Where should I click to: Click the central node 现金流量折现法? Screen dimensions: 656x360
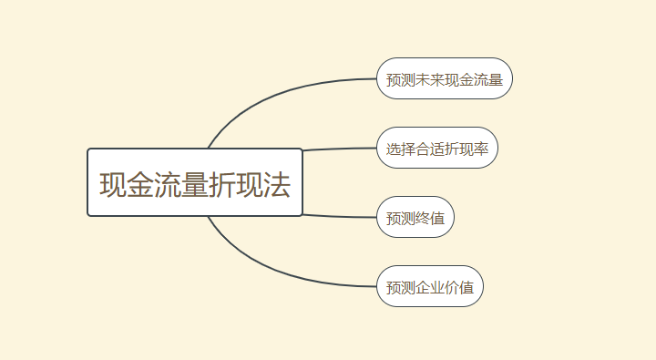point(195,182)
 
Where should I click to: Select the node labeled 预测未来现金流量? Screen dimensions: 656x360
point(445,78)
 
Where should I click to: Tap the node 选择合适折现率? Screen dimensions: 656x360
point(437,148)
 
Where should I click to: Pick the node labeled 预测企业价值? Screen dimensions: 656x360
point(430,286)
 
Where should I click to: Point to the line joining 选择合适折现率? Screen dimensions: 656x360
point(339,149)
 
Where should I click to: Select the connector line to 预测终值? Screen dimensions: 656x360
point(339,216)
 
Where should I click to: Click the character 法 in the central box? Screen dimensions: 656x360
point(277,185)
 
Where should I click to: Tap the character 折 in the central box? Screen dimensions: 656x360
point(222,185)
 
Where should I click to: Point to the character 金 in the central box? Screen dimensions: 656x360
point(140,185)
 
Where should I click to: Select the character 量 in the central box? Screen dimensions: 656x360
point(195,185)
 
